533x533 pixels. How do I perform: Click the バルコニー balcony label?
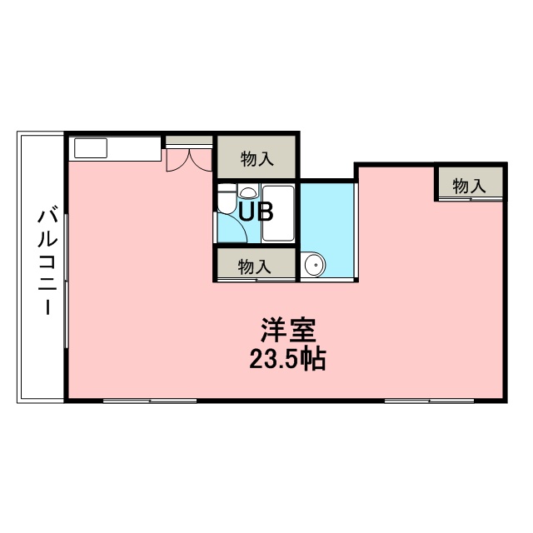tap(47, 262)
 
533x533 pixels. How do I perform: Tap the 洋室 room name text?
tap(288, 330)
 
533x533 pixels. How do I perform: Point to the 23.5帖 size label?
tap(287, 359)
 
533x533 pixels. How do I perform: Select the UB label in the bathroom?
tap(256, 212)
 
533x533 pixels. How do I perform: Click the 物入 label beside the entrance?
tap(257, 159)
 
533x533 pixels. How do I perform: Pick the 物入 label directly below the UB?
tap(255, 266)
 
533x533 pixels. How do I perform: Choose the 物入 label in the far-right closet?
tap(469, 187)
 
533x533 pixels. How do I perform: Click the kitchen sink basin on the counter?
tap(91, 148)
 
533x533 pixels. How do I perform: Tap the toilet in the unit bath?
tap(227, 198)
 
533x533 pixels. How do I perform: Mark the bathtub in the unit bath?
tap(278, 213)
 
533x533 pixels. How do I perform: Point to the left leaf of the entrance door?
tap(176, 160)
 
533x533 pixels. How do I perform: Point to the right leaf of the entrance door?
tap(200, 160)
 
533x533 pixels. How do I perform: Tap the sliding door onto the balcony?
tap(67, 281)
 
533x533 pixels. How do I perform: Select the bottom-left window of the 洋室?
tap(150, 401)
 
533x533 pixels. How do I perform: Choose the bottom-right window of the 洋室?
tap(430, 401)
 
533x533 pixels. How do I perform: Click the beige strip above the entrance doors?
tap(189, 140)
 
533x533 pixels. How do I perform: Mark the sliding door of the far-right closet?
tap(471, 198)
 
